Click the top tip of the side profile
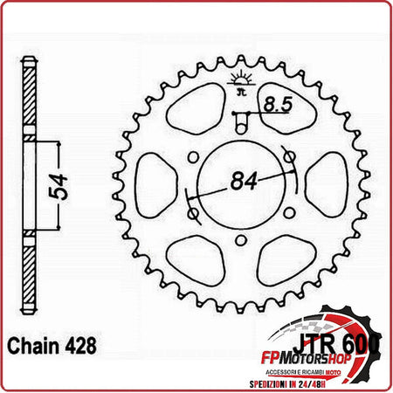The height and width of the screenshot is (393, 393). point(28,61)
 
